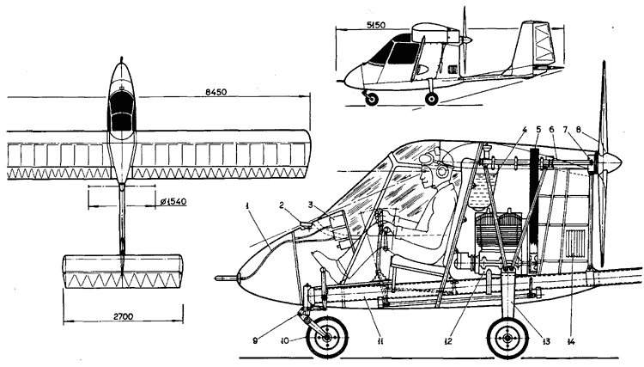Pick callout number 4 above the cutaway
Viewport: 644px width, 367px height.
[523, 131]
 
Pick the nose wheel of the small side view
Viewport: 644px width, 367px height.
[372, 99]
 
